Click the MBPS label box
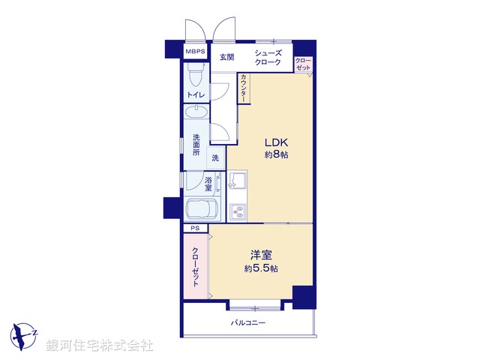[196, 52]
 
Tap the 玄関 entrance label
[227, 57]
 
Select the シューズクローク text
[268, 58]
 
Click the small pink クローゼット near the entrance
[303, 64]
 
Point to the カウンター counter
[244, 88]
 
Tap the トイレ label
[196, 95]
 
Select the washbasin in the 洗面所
[197, 114]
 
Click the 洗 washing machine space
[215, 157]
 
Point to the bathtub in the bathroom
[200, 208]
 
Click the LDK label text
[275, 142]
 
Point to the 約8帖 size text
[275, 155]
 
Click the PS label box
[195, 228]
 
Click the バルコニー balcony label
[247, 322]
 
